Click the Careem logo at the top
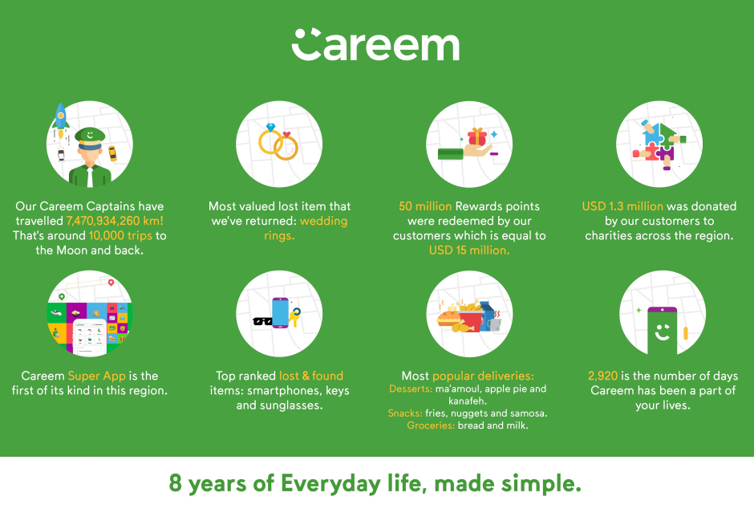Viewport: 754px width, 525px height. coord(375,45)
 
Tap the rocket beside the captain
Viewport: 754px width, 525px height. coord(61,118)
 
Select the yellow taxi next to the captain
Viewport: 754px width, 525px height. coord(112,153)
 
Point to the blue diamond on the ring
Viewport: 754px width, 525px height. coord(271,128)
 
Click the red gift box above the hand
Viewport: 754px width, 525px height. coord(477,137)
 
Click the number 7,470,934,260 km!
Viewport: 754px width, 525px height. coord(115,221)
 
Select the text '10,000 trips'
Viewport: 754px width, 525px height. coord(120,236)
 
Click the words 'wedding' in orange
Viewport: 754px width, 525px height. coord(323,222)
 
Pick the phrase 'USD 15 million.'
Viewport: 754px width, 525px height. coord(469,250)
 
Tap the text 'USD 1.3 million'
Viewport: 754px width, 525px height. coord(622,206)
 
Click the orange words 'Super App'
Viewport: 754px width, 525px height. coord(96,376)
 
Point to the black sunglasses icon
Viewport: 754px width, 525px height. coord(262,321)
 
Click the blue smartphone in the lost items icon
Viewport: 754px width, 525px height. coord(281,313)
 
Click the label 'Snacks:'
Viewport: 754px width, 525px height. coord(405,413)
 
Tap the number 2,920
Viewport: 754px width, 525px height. coord(602,376)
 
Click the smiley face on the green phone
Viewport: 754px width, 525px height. coord(662,332)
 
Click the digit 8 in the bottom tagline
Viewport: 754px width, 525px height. coord(175,483)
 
